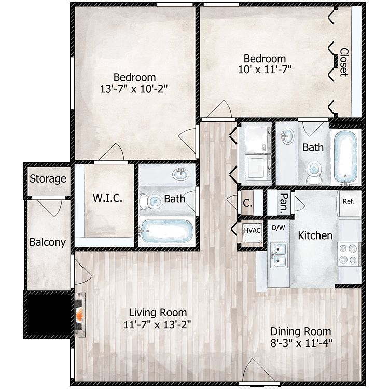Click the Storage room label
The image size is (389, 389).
[x=48, y=179]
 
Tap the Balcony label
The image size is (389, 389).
[x=48, y=242]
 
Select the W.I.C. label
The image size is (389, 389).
[x=107, y=198]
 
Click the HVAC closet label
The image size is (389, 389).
[x=252, y=231]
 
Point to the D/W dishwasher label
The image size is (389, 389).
[x=279, y=228]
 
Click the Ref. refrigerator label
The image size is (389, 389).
[x=349, y=201]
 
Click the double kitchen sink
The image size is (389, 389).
[x=279, y=255]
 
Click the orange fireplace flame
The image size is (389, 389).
[x=80, y=315]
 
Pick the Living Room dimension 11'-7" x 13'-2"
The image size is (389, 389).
[x=157, y=325]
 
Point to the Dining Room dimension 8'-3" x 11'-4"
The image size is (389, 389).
[x=301, y=343]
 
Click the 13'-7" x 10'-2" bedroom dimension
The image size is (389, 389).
[x=134, y=89]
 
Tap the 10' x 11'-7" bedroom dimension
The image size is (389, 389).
[x=265, y=69]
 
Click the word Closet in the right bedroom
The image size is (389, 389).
[x=344, y=62]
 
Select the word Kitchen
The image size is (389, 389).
[x=315, y=235]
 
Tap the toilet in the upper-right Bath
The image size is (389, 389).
[x=314, y=172]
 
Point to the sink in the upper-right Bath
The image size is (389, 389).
[x=287, y=136]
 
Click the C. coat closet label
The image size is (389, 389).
[x=247, y=203]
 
